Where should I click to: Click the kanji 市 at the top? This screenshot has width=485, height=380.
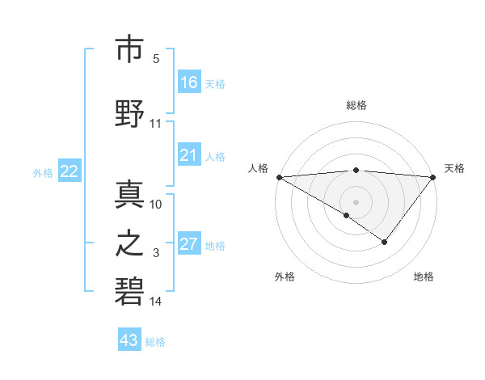129,49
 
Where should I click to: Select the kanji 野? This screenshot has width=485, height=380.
129,113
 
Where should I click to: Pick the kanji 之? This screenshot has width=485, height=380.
129,242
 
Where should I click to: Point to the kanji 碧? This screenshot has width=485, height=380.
129,289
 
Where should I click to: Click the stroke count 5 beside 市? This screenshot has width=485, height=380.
156,60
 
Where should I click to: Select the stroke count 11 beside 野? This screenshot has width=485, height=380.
156,124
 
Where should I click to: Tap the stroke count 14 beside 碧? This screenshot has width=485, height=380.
156,302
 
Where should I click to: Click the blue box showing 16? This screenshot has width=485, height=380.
189,82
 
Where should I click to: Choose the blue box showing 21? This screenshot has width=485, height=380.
189,155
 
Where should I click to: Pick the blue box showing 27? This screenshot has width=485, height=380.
189,244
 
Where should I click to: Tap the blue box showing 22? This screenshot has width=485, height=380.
70,171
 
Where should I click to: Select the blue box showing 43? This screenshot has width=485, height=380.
129,340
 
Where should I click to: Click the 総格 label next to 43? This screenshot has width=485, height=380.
155,342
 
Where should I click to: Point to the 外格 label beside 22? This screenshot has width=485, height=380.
43,172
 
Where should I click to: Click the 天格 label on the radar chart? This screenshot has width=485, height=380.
454,168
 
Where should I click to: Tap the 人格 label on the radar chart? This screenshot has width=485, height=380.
259,168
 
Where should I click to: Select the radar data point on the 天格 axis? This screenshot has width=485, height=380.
433,177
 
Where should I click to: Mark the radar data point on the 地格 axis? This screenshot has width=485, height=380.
385,242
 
